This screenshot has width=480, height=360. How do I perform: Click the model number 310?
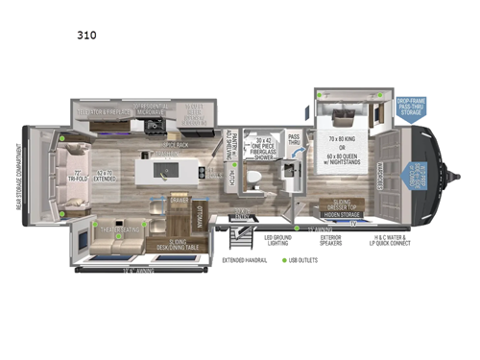pyautogui.click(x=87, y=35)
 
